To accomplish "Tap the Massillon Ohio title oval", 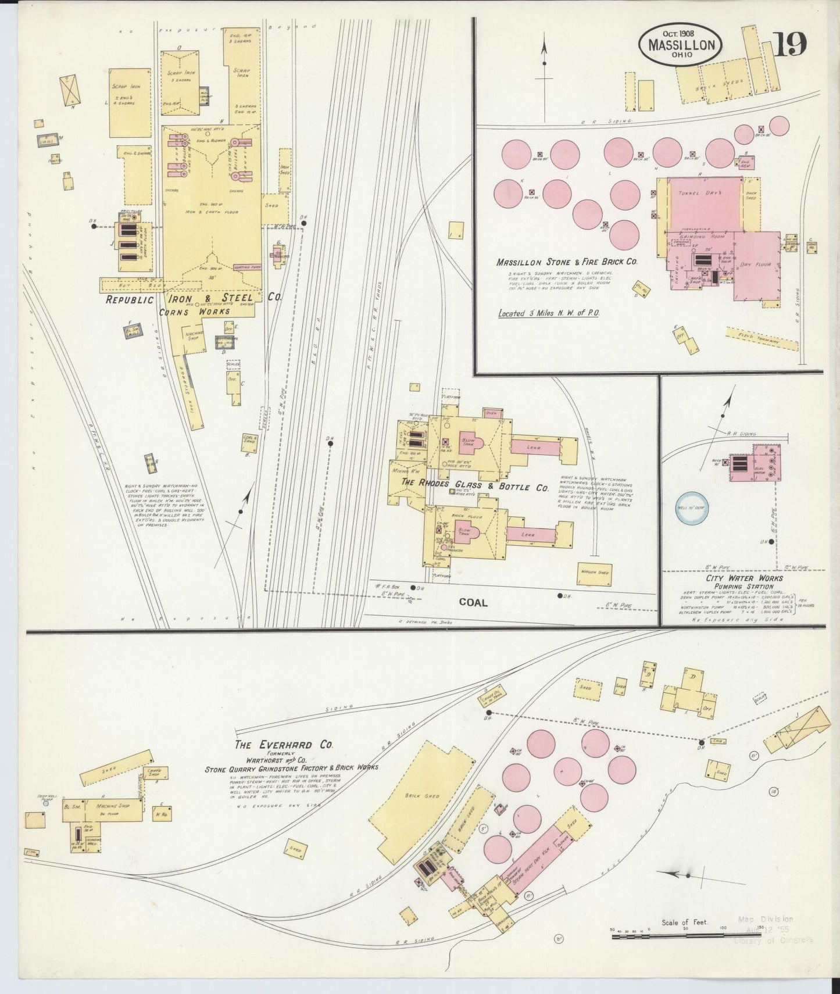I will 681,45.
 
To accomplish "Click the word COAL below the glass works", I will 473,602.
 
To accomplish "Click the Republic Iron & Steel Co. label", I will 193,298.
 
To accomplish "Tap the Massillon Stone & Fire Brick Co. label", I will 567,262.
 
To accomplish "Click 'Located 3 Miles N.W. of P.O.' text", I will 549,313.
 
